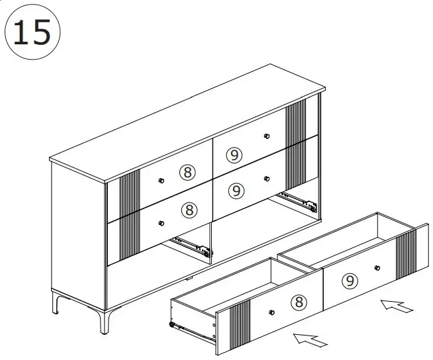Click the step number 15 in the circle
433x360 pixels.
[32, 32]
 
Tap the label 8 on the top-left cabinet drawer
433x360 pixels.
[188, 173]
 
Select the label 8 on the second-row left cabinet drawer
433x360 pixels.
[189, 210]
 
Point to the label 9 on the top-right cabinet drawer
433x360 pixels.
[234, 155]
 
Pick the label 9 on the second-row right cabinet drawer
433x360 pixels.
[236, 191]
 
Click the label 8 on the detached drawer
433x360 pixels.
[299, 302]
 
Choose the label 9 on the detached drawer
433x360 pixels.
[350, 281]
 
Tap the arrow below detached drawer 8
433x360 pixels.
[311, 339]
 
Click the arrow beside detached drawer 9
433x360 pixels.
[397, 306]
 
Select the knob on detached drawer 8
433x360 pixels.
[271, 311]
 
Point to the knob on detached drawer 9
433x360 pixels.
[377, 268]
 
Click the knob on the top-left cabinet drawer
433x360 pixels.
[162, 181]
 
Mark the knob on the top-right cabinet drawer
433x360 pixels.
[267, 136]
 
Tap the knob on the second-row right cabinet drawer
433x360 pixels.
[267, 178]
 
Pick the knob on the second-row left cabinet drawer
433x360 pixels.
[161, 222]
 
